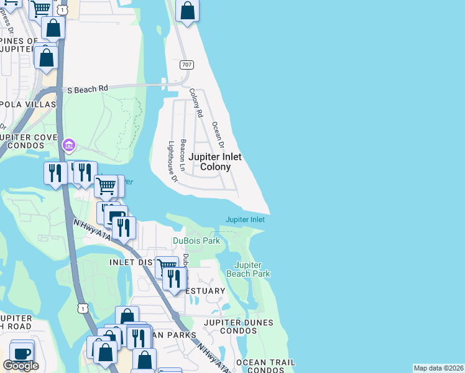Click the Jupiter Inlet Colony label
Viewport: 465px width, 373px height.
pyautogui.click(x=215, y=162)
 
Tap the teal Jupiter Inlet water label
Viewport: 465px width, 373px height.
pyautogui.click(x=245, y=219)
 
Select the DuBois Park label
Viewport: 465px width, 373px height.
pyautogui.click(x=196, y=241)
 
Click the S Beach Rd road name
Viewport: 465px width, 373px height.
pyautogui.click(x=88, y=89)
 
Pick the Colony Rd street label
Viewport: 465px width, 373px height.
pyautogui.click(x=196, y=103)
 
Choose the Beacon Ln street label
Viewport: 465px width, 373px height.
pyautogui.click(x=183, y=154)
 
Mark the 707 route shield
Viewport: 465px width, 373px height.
pyautogui.click(x=187, y=65)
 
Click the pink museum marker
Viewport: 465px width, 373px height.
pyautogui.click(x=68, y=146)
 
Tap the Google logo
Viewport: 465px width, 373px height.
pyautogui.click(x=21, y=366)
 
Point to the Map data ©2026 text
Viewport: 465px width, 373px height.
pyautogui.click(x=439, y=368)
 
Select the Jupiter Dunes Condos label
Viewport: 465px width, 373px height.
pyautogui.click(x=231, y=326)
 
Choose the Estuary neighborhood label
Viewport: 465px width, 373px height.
pyautogui.click(x=206, y=291)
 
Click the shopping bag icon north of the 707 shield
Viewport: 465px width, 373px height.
pyautogui.click(x=188, y=11)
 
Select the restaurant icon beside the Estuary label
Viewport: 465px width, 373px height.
pyautogui.click(x=175, y=278)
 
